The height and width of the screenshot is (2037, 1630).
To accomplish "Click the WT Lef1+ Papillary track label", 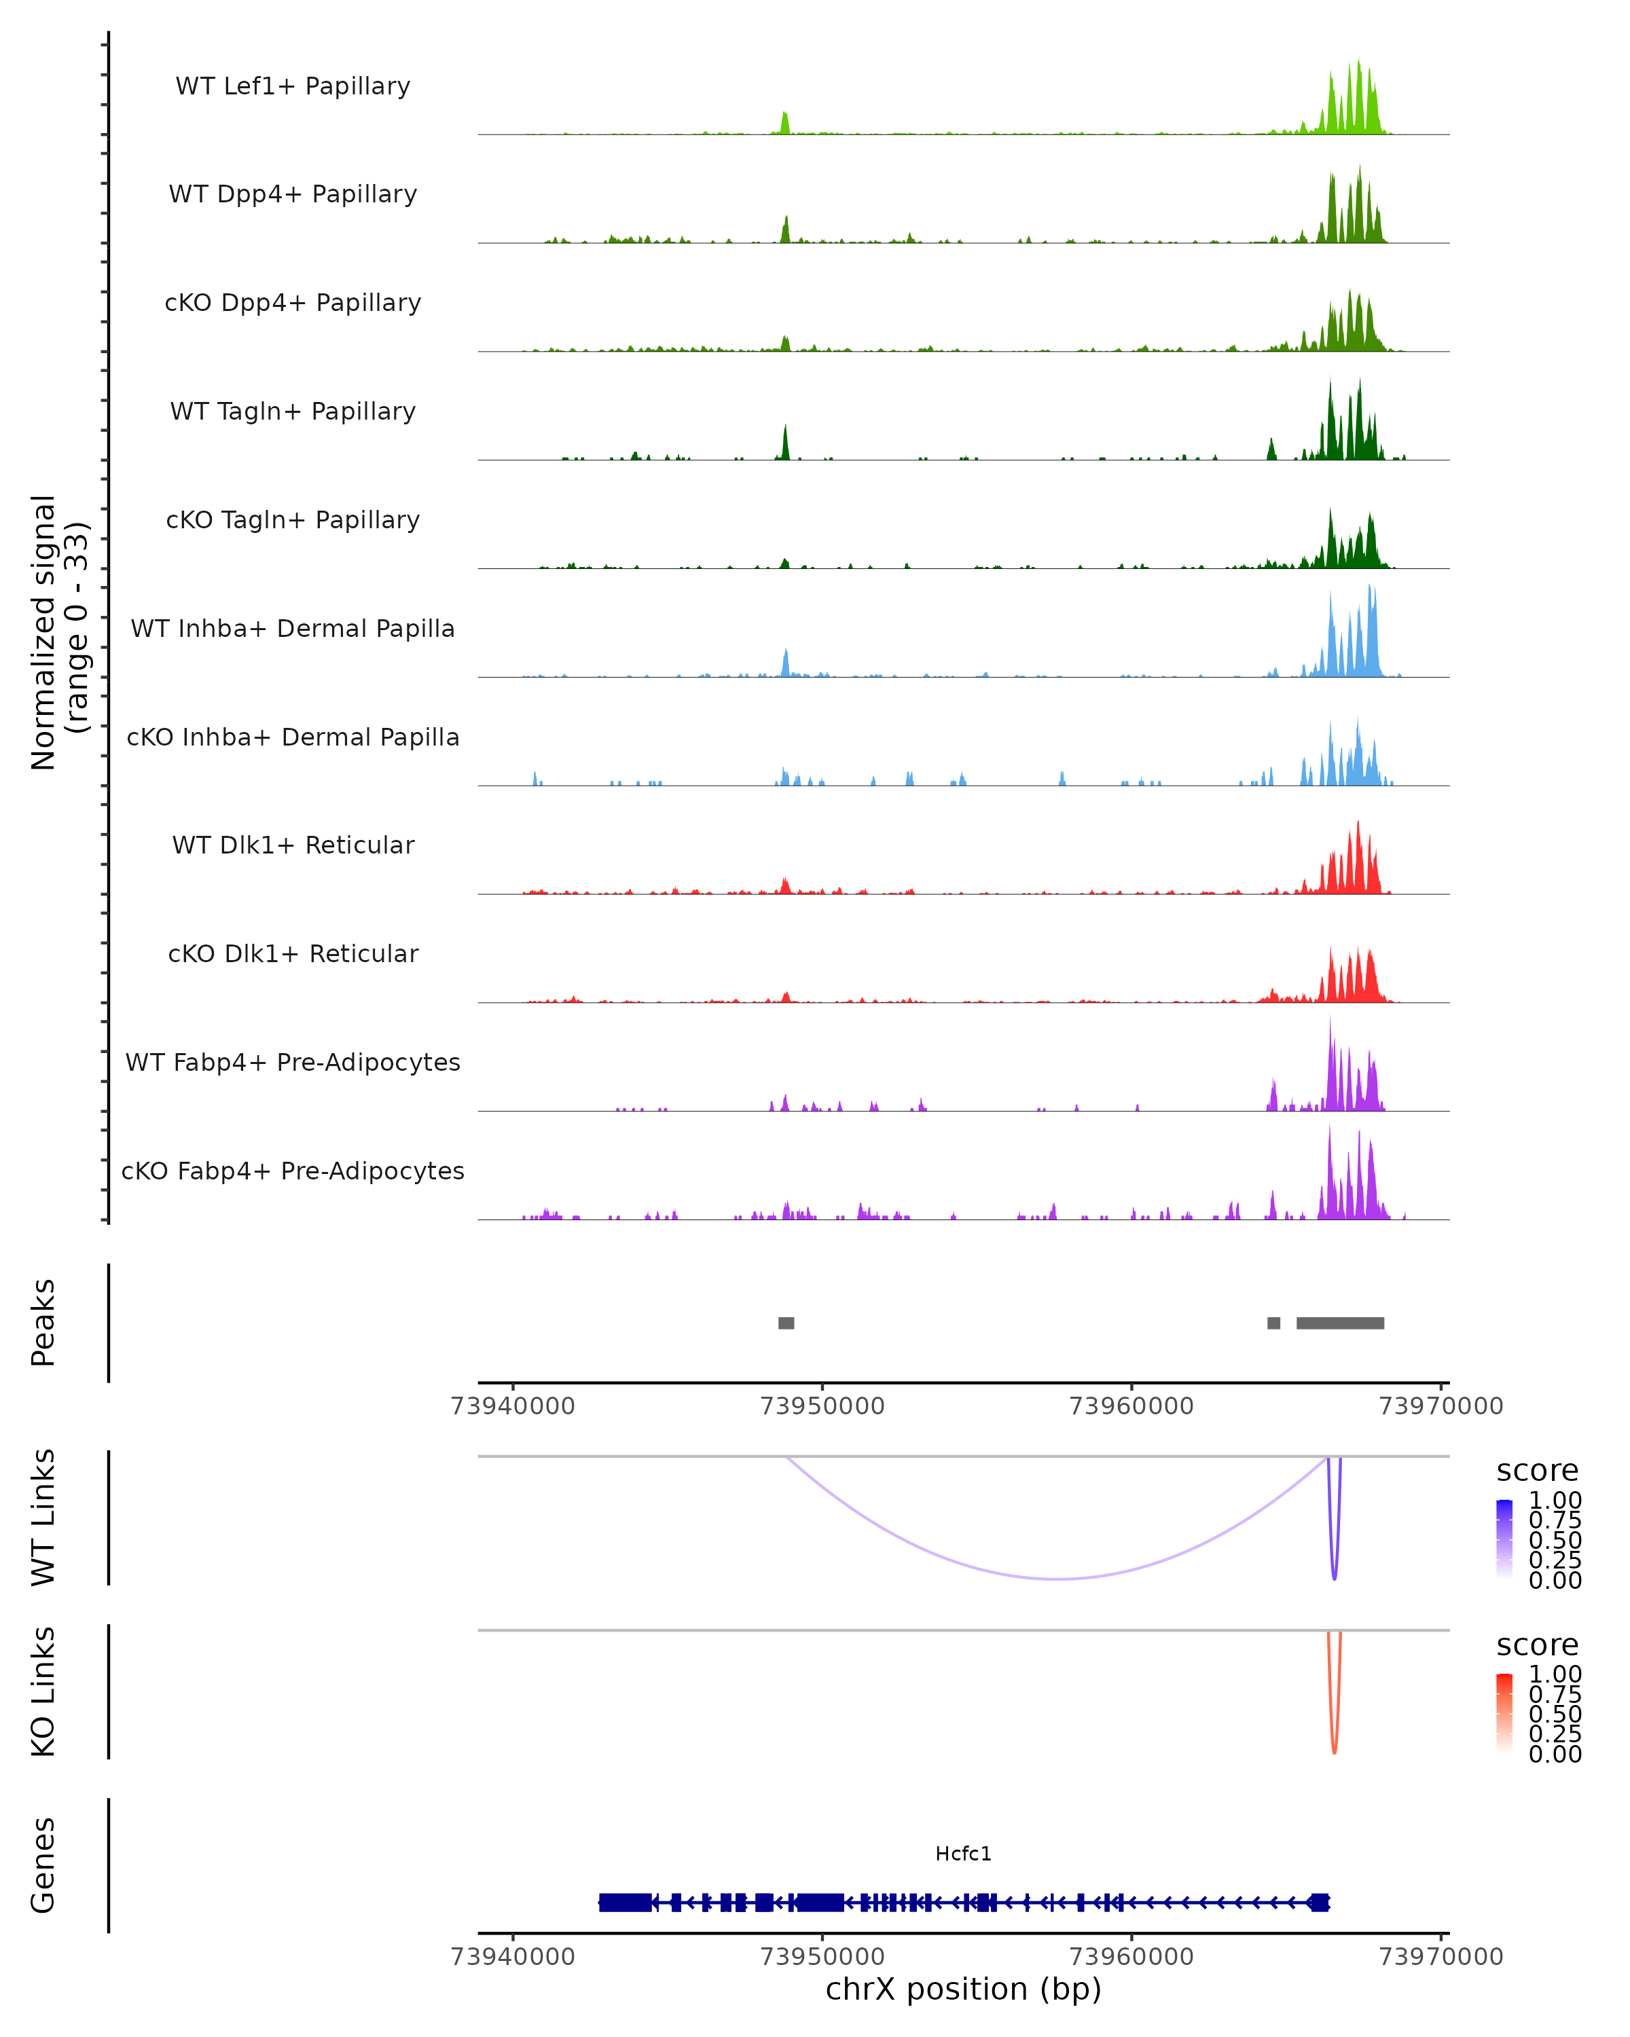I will click(293, 86).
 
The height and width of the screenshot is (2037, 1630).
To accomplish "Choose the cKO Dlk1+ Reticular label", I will click(293, 953).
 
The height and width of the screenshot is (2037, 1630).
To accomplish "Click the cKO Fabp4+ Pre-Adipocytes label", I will click(293, 1171).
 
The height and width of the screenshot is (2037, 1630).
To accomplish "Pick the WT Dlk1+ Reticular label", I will click(293, 845).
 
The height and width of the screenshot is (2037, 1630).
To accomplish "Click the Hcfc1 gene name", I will click(963, 1854).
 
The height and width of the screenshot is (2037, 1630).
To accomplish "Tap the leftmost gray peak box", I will click(786, 1323).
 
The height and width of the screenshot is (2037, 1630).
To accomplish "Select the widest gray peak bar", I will click(1340, 1323).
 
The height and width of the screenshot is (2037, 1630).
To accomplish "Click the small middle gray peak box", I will click(1273, 1323).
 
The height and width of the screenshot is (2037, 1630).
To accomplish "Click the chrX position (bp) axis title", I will click(963, 1989).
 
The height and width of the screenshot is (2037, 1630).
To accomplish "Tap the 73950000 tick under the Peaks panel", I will click(822, 1406).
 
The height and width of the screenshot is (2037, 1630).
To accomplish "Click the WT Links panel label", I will click(43, 1518).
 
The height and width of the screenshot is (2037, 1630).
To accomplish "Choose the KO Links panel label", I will click(43, 1691).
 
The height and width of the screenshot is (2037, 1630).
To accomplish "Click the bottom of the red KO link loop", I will click(1335, 1752).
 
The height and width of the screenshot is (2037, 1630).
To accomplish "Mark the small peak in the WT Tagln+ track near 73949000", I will click(785, 442).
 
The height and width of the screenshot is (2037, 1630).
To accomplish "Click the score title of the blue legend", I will click(1538, 1470).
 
